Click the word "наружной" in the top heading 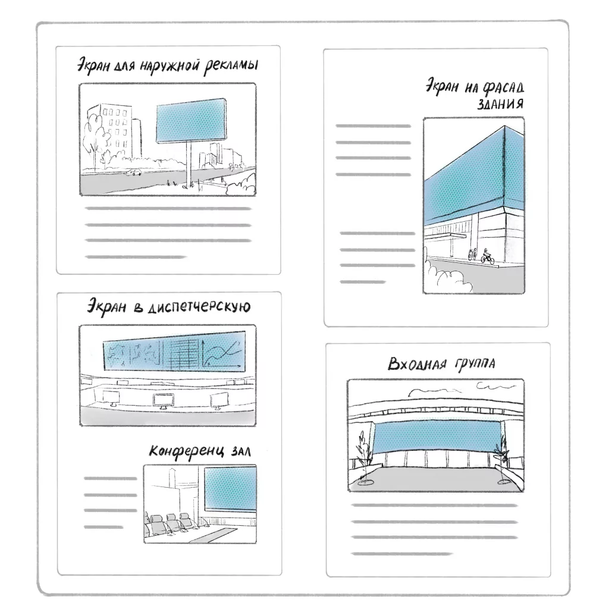coord(169,67)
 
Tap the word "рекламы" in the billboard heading coord(231,65)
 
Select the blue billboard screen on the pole coord(191,120)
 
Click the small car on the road coord(133,172)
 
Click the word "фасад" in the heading coord(503,88)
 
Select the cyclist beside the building coord(488,255)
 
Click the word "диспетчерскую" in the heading coord(200,307)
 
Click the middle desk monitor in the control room coord(164,401)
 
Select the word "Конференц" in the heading coord(186,452)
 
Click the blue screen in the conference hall coord(230,489)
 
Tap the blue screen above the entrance coord(437,437)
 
